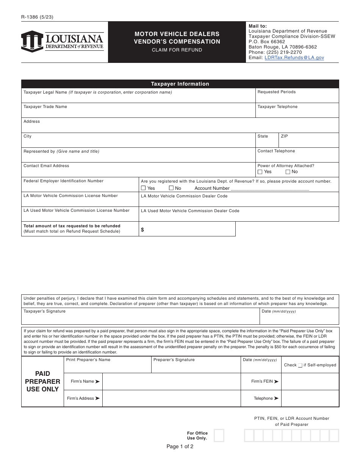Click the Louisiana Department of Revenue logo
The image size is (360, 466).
click(62, 42)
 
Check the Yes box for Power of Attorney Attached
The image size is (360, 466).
click(260, 172)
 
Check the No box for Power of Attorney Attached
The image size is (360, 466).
click(288, 172)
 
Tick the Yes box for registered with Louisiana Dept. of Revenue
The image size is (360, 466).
click(143, 188)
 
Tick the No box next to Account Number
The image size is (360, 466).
click(171, 188)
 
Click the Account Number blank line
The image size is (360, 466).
click(270, 188)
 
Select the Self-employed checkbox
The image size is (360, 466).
click(300, 365)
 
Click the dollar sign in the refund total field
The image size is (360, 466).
click(142, 230)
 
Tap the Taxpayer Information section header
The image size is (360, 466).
click(180, 84)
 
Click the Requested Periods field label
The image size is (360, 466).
click(277, 92)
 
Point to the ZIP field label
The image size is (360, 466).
click(284, 136)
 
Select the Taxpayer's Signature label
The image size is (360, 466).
click(44, 311)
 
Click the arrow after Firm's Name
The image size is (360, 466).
click(97, 382)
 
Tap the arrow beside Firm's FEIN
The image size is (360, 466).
click(276, 382)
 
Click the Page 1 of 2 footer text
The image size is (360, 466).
click(180, 446)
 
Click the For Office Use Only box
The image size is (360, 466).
click(219, 435)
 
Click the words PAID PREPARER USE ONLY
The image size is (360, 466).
click(42, 382)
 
